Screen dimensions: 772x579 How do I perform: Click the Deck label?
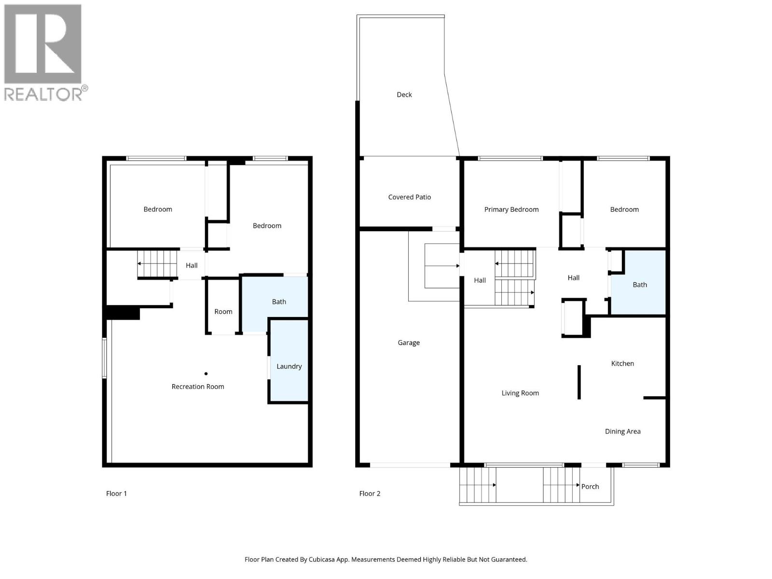[404, 95]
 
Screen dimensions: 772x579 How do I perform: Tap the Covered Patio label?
[409, 197]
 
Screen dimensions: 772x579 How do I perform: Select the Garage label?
[409, 343]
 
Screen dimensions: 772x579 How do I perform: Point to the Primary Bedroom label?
[511, 209]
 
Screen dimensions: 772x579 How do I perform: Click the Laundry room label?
[289, 366]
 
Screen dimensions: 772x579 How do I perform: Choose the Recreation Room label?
[198, 386]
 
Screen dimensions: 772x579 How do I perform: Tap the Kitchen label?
[622, 363]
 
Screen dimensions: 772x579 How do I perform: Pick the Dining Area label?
[622, 431]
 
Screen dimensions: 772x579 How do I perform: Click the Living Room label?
[520, 393]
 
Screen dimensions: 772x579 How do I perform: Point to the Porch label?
[590, 486]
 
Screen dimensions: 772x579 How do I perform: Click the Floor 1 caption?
[116, 494]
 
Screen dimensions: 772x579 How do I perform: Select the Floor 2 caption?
[370, 494]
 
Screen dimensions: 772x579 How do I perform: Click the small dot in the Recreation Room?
[206, 373]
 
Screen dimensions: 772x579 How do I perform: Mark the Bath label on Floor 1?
[279, 302]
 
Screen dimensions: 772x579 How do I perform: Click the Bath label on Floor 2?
[640, 285]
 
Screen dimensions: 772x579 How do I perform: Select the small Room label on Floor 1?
[223, 312]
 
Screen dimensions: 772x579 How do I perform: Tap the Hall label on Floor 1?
[192, 265]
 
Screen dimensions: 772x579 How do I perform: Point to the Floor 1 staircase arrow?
[157, 263]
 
